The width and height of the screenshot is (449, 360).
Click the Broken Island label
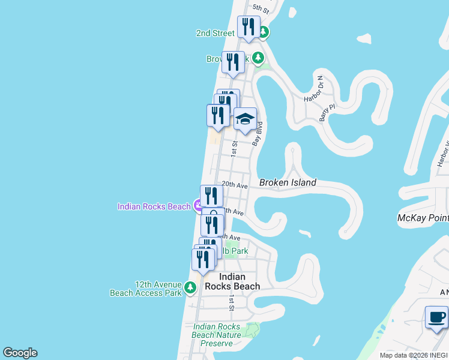point(288,182)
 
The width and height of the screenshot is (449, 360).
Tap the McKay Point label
point(423,218)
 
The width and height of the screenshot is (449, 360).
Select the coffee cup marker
point(436,317)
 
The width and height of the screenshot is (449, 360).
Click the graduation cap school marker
point(245,119)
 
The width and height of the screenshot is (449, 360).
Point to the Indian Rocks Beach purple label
point(154,206)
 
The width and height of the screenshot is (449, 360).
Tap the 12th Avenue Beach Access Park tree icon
point(190,288)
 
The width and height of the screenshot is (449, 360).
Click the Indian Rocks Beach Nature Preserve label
point(217,335)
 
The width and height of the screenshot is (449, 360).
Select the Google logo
point(20,353)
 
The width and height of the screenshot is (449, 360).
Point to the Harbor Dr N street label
point(313,89)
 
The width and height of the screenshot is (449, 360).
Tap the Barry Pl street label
point(326,112)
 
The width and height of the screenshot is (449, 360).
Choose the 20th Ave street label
point(235,186)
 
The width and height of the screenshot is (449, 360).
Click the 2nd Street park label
point(215,33)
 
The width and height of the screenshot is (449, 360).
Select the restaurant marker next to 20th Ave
point(211,196)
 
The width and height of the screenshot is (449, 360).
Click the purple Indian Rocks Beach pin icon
point(198,206)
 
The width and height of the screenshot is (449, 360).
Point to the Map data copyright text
point(414,355)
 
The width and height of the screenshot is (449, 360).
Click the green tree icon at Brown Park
point(258,58)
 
